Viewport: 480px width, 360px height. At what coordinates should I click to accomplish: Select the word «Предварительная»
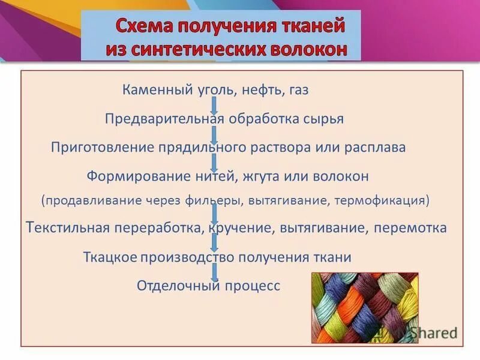tap(165, 118)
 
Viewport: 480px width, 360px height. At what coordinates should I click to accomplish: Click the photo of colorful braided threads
tap(364, 308)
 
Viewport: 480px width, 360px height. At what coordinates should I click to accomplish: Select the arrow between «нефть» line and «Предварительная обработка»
tap(214, 104)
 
